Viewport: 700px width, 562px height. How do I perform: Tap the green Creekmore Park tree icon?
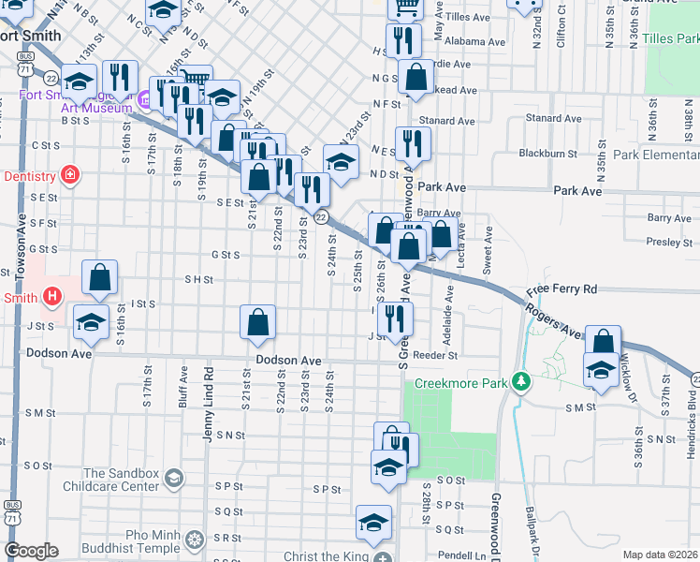click(522, 382)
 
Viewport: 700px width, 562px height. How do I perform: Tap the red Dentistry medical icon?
click(68, 175)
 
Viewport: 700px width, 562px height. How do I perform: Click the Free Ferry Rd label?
click(561, 290)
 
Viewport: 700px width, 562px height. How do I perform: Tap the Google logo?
click(31, 551)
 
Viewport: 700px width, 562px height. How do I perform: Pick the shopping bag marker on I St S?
click(100, 278)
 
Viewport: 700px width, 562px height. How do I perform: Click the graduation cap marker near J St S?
click(90, 322)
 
